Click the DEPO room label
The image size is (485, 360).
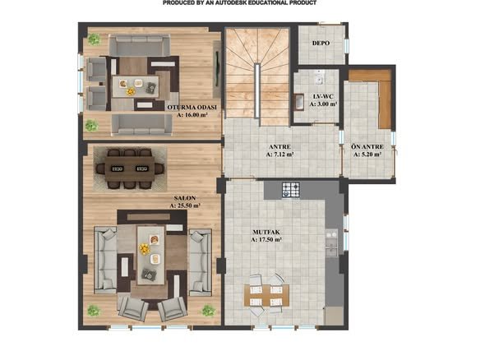321,44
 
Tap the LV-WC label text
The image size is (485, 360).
323,96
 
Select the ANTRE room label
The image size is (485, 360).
279,147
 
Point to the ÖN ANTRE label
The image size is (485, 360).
367,146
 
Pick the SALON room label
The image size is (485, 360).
185,198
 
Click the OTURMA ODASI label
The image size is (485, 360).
192,108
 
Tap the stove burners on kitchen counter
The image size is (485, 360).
291,190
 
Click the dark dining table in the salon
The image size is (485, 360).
130,168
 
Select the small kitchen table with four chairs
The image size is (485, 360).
266,295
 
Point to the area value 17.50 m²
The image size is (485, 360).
266,240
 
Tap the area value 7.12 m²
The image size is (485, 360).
280,155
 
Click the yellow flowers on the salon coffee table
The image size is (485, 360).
144,249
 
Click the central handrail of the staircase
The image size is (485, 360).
256,90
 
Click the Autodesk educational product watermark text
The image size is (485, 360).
239,2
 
